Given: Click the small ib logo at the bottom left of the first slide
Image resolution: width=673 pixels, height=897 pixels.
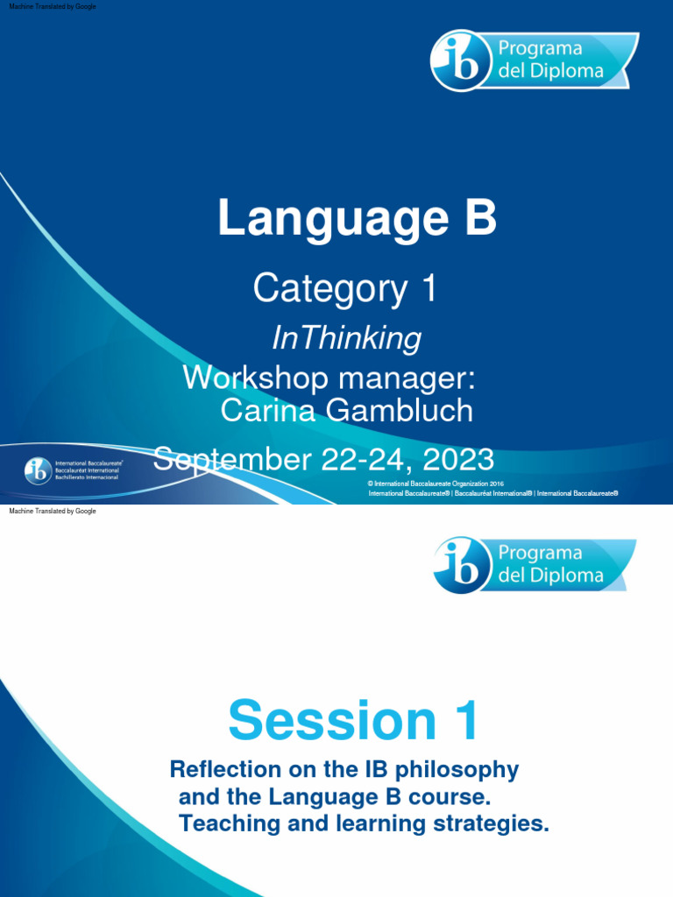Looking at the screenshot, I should [37, 471].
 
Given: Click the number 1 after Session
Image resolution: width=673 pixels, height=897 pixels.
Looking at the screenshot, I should [464, 721].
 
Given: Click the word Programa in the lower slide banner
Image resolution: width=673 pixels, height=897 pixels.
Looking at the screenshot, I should [540, 553].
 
